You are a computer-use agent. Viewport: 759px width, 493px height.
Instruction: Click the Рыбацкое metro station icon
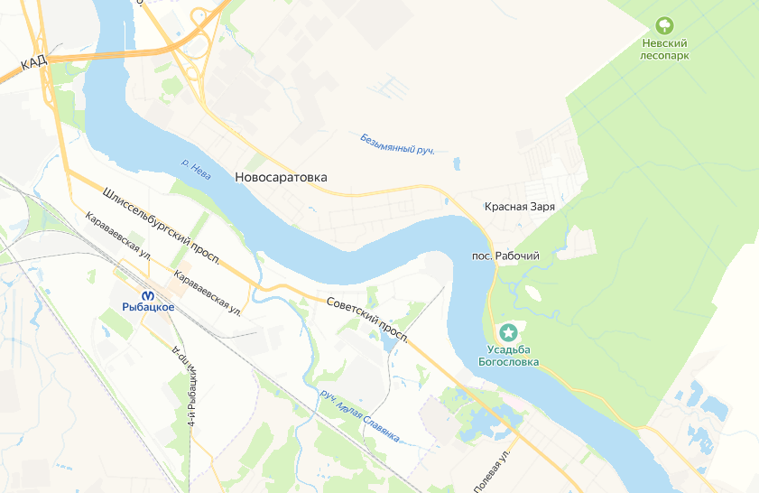(148, 293)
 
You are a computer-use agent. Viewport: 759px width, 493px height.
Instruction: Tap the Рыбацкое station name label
(148, 308)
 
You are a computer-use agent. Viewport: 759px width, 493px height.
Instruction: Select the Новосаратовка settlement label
(280, 178)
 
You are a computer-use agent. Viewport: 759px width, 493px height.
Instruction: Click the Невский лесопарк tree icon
(665, 24)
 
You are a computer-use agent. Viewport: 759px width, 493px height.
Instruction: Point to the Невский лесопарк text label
(664, 48)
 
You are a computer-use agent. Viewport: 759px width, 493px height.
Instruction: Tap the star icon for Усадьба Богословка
(509, 332)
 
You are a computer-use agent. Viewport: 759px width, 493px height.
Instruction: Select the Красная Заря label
(519, 207)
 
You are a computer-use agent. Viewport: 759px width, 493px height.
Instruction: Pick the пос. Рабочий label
(505, 256)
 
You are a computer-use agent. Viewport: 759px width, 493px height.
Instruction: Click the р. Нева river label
(196, 169)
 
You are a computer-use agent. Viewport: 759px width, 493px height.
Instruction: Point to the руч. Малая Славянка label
(359, 416)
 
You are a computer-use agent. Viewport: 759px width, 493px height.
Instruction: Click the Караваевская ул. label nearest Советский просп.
(207, 293)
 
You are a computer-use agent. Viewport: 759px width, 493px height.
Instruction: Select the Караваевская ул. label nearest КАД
(116, 237)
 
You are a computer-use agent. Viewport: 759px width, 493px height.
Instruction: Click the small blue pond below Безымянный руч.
(458, 164)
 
